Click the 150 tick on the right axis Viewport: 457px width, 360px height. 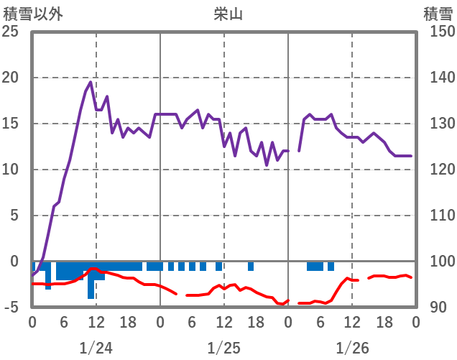(x=436, y=32)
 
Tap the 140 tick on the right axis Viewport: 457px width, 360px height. (x=436, y=78)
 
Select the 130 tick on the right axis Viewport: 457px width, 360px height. (x=436, y=124)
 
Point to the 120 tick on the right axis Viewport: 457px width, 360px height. (x=436, y=170)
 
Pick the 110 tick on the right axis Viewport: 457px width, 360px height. (x=436, y=216)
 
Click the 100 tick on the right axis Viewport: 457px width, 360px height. (x=436, y=262)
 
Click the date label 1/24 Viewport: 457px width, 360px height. (x=96, y=349)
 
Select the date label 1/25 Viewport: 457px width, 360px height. (x=224, y=349)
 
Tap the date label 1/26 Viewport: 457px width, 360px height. (x=352, y=349)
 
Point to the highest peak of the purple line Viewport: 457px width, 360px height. (x=91, y=82)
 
